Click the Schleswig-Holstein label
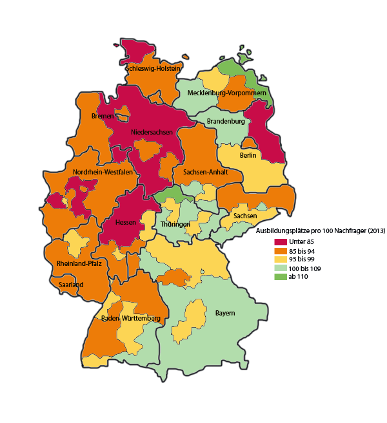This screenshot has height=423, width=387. tap(154, 68)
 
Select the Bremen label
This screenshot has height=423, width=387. tap(103, 116)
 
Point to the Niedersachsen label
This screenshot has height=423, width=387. tap(152, 132)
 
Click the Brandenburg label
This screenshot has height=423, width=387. tap(226, 121)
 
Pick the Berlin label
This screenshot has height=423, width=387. tap(248, 155)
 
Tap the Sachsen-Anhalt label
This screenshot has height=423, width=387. tap(206, 173)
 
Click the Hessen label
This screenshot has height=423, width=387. tap(124, 222)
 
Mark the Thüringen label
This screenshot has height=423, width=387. tap(175, 224)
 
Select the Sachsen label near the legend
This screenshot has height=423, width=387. tap(245, 216)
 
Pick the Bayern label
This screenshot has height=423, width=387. tap(225, 314)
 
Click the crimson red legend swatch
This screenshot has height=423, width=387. tap(280, 241)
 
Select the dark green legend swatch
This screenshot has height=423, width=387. tap(280, 276)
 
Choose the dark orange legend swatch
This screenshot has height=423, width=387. tap(280, 250)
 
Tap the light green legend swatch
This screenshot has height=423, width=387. tap(280, 268)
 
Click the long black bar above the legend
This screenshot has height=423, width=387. tap(329, 231)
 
